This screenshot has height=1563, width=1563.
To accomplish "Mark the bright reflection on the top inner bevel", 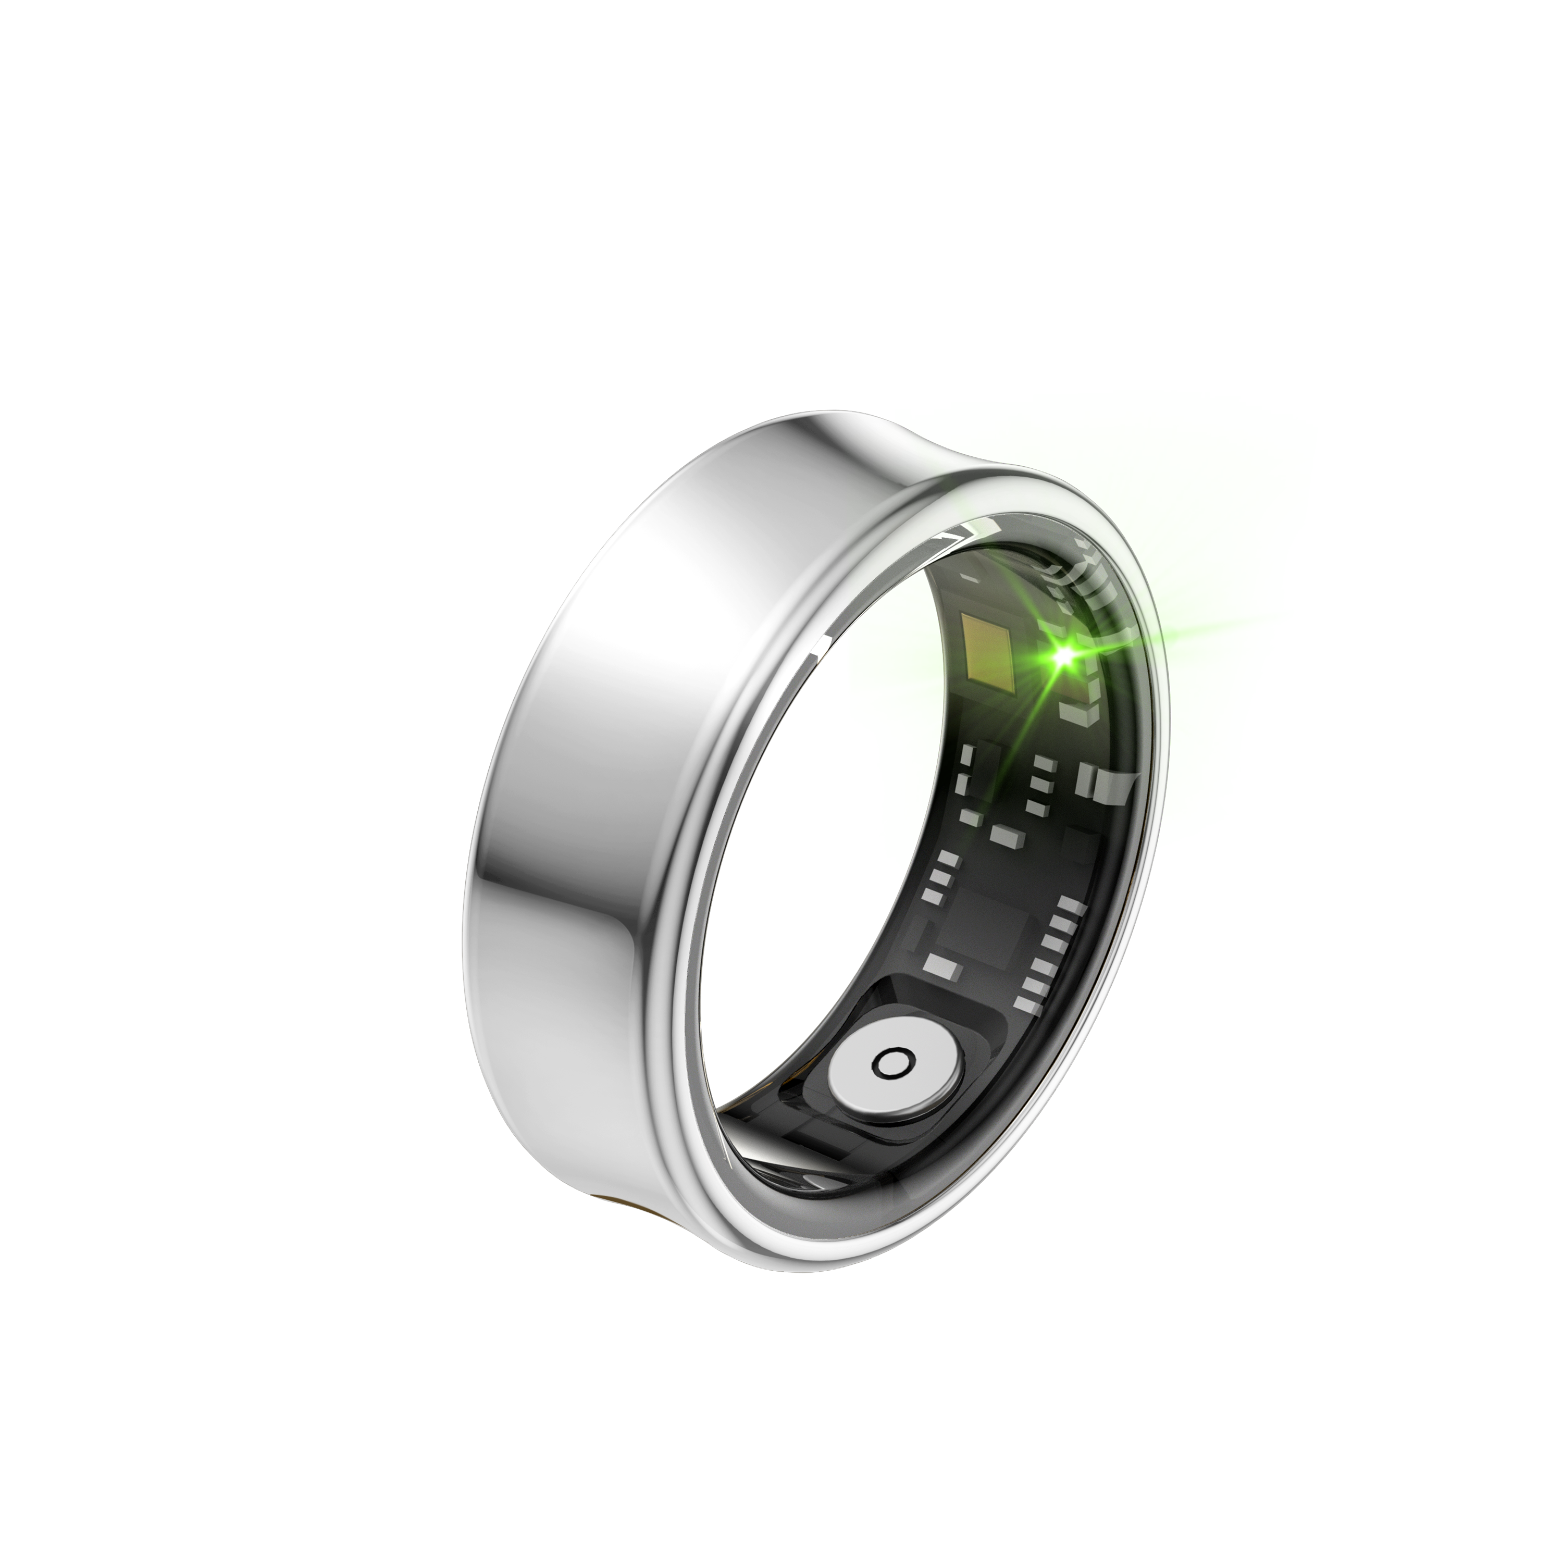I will click(959, 534).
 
